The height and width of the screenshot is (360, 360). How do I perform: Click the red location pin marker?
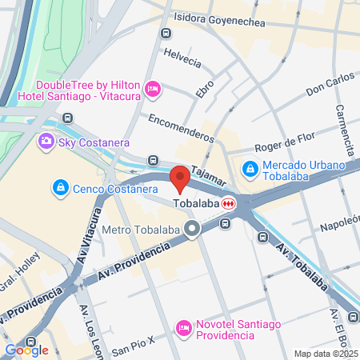179,178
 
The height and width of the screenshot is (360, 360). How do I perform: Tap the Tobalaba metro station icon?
230,203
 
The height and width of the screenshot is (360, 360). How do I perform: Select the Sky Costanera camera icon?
46,142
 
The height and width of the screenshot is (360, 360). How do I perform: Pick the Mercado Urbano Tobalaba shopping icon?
250,170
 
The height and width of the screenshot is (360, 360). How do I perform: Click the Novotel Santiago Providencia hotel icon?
184,327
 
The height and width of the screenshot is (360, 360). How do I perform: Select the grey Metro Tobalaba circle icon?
192,231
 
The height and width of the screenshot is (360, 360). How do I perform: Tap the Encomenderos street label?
181,126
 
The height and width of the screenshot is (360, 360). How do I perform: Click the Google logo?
26,350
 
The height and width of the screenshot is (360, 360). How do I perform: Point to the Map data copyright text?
326,354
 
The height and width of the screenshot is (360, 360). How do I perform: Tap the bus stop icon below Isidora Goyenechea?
166,34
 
